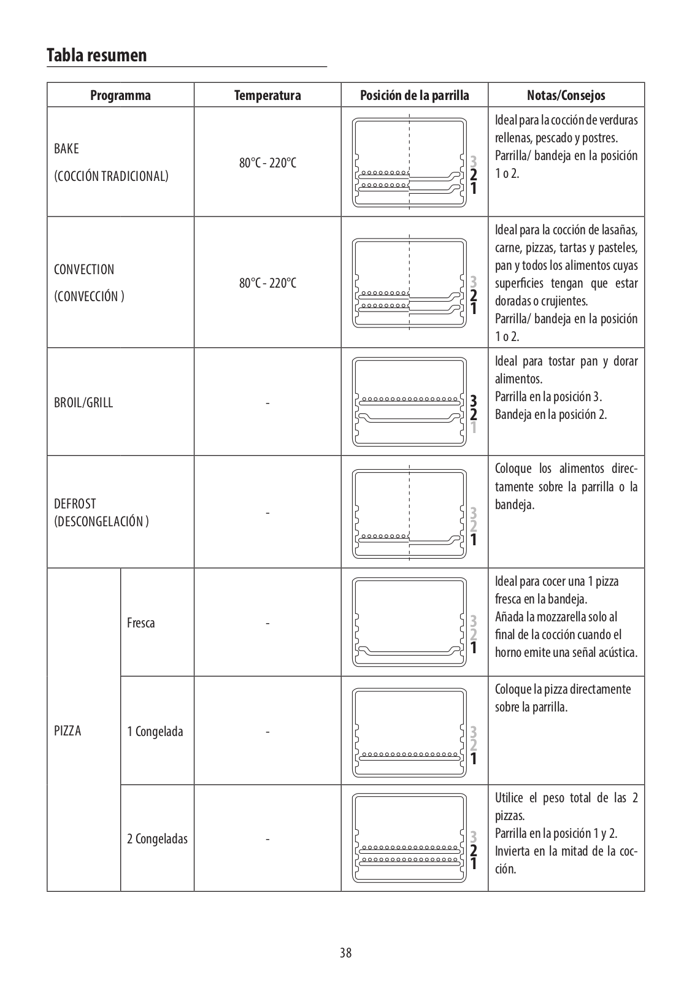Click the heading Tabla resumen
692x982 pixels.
click(x=97, y=55)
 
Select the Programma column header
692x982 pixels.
click(x=120, y=95)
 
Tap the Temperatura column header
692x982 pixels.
click(x=267, y=95)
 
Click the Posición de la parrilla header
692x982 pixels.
click(x=414, y=95)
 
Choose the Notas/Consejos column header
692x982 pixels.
click(x=566, y=95)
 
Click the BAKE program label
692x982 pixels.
click(x=66, y=149)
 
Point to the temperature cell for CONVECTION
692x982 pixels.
click(x=267, y=283)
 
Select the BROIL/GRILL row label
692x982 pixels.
click(x=83, y=403)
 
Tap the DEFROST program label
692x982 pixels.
click(x=75, y=504)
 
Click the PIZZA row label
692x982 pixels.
click(x=67, y=731)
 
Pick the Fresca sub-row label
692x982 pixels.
click(x=140, y=623)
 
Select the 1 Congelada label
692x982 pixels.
click(x=155, y=731)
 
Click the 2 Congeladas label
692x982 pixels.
click(x=157, y=838)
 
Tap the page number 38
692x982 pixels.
click(x=346, y=953)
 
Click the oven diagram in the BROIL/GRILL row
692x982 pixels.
click(x=409, y=402)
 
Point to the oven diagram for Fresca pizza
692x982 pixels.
click(x=409, y=622)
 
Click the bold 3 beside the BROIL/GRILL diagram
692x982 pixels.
click(x=473, y=401)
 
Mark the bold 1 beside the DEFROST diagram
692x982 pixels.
click(x=473, y=540)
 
